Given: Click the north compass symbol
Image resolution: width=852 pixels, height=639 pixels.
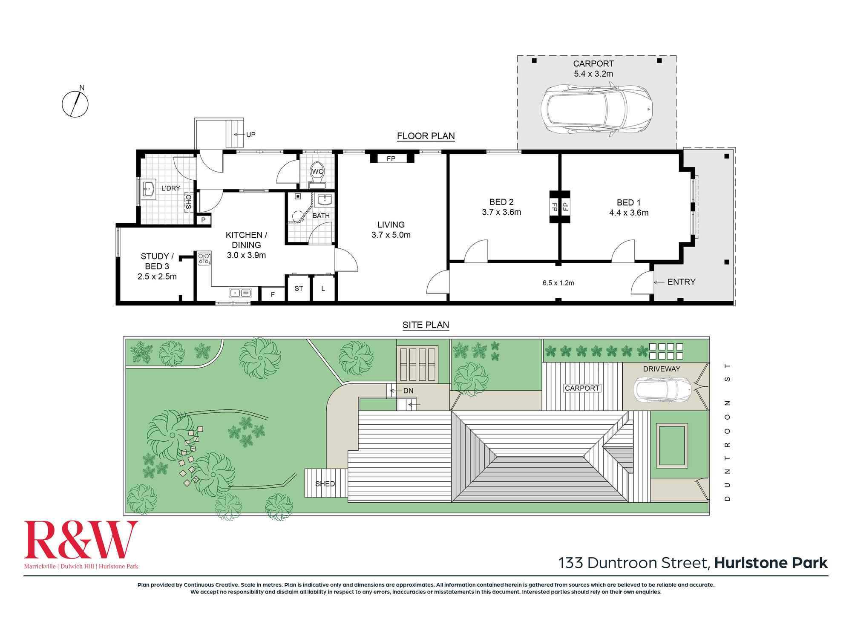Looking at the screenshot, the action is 75,104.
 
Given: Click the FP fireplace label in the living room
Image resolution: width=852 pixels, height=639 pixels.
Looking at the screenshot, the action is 391,158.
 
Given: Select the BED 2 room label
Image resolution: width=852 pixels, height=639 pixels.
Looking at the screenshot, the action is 501,202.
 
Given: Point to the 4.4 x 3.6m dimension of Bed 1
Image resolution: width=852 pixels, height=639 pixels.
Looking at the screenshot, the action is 629,213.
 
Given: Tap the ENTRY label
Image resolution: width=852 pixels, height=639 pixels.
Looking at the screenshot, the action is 682,282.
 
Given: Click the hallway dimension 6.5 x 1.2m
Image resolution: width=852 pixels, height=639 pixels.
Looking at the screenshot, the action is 558,283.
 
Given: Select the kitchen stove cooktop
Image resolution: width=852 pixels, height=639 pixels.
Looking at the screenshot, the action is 204,259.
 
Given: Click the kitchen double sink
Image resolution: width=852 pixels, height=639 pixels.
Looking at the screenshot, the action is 241,293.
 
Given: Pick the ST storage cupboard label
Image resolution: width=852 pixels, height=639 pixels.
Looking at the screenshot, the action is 299,288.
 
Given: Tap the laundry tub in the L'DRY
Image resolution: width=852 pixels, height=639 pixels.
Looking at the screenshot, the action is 149,189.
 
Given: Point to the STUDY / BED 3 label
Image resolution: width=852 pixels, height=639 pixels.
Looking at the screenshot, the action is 157,261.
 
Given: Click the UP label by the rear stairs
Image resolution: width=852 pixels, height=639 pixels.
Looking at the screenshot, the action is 251,135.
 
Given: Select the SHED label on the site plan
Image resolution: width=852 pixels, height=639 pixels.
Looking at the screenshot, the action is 325,484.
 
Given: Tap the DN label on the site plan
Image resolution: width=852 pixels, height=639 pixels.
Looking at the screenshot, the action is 408,391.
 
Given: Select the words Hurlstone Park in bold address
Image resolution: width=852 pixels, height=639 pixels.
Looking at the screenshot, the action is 771,563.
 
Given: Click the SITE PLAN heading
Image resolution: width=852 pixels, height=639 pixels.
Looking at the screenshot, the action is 426,325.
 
